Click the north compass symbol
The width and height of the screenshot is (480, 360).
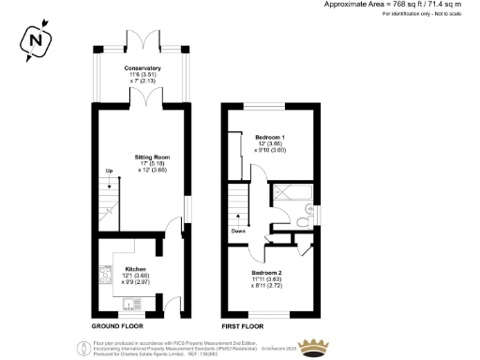[x=35, y=41]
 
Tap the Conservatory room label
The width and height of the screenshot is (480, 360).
[x=142, y=68]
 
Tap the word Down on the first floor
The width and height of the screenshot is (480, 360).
[x=240, y=230]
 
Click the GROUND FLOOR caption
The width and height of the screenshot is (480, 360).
[x=116, y=325]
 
